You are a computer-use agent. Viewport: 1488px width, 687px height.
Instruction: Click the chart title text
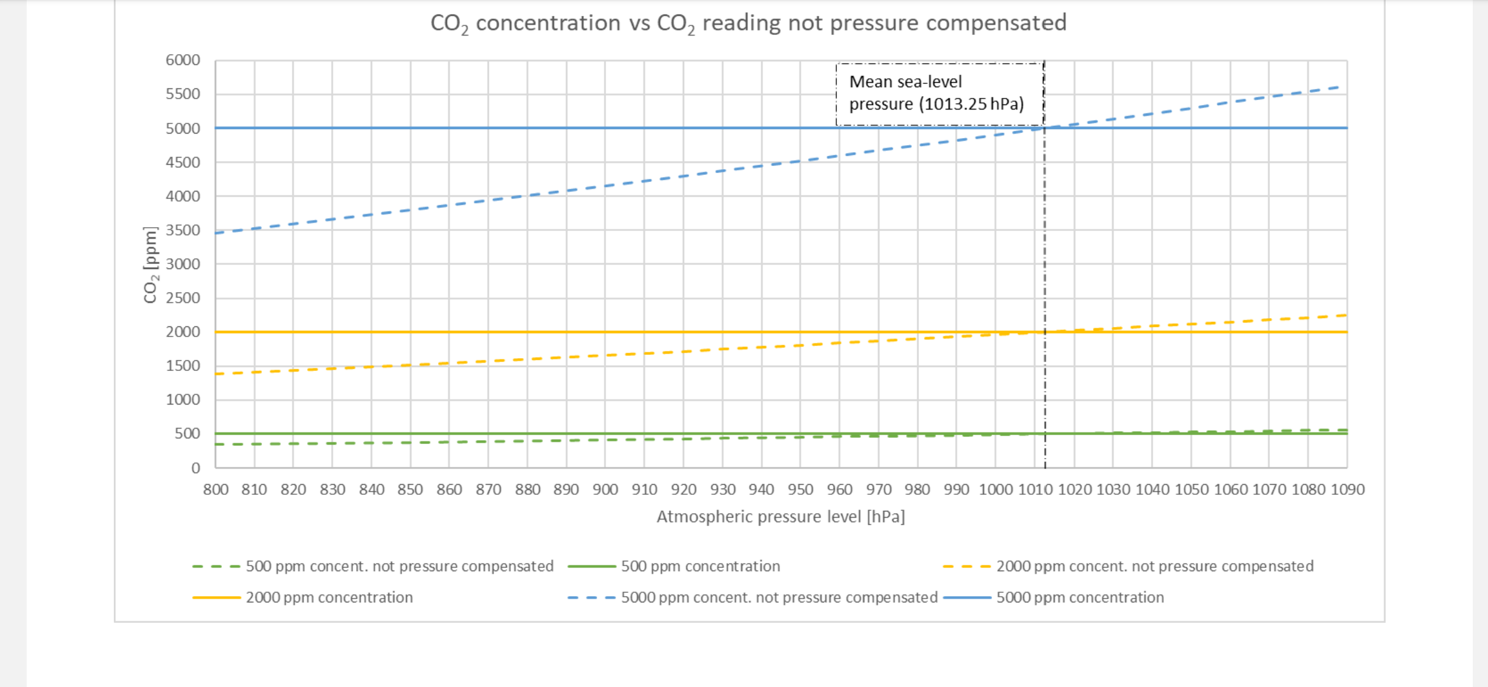[748, 24]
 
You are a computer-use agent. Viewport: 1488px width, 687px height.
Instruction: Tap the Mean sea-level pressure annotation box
[939, 94]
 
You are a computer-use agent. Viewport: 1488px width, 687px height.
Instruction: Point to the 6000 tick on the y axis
[183, 60]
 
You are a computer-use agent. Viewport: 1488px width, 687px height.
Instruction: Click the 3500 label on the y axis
[183, 230]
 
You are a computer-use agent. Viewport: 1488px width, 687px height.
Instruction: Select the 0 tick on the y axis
[195, 468]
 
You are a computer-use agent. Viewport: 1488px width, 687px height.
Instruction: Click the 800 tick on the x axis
[216, 490]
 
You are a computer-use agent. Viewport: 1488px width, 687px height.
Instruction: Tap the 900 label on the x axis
[605, 490]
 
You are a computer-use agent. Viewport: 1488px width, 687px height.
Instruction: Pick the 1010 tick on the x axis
[1035, 490]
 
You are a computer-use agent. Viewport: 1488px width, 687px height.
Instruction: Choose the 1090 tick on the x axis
[1347, 490]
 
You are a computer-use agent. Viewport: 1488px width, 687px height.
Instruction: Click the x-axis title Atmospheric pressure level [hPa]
[780, 517]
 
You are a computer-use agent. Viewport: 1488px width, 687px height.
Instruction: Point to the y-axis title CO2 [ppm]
[150, 265]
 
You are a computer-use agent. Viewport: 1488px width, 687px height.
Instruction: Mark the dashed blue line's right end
[1340, 87]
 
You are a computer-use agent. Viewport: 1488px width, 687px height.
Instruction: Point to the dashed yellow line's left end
[217, 374]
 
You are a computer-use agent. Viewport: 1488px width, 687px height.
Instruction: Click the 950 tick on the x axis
[801, 490]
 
